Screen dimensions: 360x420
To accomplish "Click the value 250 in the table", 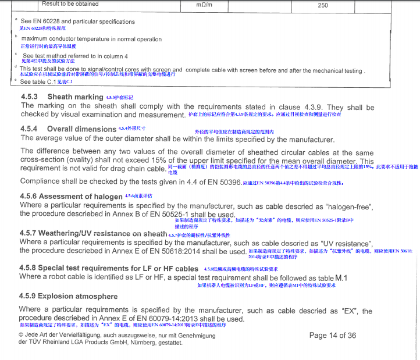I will point(323,5).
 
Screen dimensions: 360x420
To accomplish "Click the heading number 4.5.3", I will point(29,97).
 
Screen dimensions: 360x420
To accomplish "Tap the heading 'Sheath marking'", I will point(75,97).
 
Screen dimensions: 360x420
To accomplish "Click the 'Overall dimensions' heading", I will point(82,129).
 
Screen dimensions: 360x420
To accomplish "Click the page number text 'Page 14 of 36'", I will point(333,336).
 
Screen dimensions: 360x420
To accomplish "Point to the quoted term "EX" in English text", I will point(351,311).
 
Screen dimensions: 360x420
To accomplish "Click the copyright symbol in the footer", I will point(22,336).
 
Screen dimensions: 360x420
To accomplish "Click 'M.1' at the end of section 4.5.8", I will point(341,278).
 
